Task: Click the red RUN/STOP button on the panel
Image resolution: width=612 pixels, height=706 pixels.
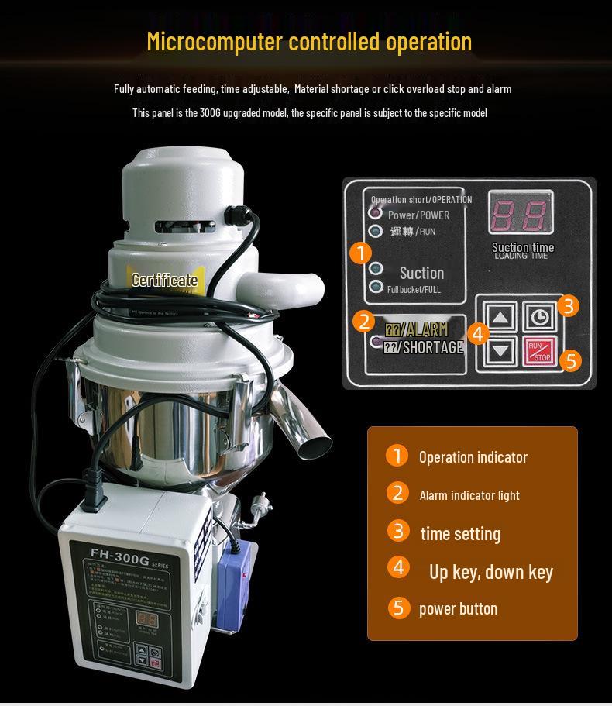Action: [x=538, y=350]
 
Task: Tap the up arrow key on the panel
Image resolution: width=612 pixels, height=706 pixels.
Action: [x=501, y=316]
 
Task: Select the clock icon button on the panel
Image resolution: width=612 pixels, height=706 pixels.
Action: [x=538, y=316]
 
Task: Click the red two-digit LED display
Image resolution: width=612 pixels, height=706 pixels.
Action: [x=521, y=214]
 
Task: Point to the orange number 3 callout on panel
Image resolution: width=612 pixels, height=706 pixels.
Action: [x=568, y=306]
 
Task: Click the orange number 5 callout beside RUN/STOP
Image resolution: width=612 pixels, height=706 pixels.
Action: [x=569, y=360]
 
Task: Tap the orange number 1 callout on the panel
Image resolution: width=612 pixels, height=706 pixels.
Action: [x=361, y=253]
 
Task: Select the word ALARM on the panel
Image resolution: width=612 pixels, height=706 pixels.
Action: [x=427, y=330]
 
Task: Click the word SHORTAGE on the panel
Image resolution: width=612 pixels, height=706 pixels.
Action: [x=432, y=347]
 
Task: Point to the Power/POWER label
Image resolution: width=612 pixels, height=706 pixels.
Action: [x=418, y=215]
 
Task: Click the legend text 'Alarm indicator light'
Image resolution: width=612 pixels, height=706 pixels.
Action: [x=469, y=495]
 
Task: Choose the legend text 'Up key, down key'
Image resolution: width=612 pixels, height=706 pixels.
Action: [x=490, y=572]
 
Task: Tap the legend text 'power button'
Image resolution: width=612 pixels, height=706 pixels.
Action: [x=458, y=608]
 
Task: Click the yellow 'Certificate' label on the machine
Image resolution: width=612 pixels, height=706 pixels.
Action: [x=164, y=281]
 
